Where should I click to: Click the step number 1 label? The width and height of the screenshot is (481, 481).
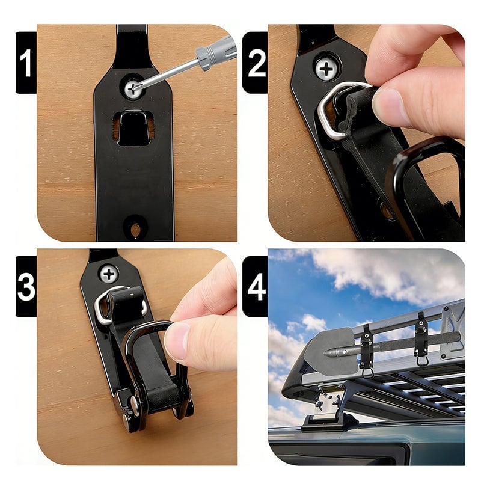(x=26, y=63)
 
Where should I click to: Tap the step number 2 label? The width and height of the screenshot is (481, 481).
(x=255, y=63)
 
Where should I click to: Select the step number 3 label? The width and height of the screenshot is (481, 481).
(x=26, y=287)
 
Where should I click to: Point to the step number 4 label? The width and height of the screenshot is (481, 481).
(x=255, y=287)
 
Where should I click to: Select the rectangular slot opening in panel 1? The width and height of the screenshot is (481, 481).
(x=133, y=128)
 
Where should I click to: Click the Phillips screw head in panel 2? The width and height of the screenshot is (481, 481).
(x=326, y=69)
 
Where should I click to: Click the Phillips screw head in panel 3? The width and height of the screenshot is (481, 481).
(x=109, y=274)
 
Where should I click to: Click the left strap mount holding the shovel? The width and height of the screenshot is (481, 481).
(x=367, y=351)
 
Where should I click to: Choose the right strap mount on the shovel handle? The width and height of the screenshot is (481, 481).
(x=421, y=339)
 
